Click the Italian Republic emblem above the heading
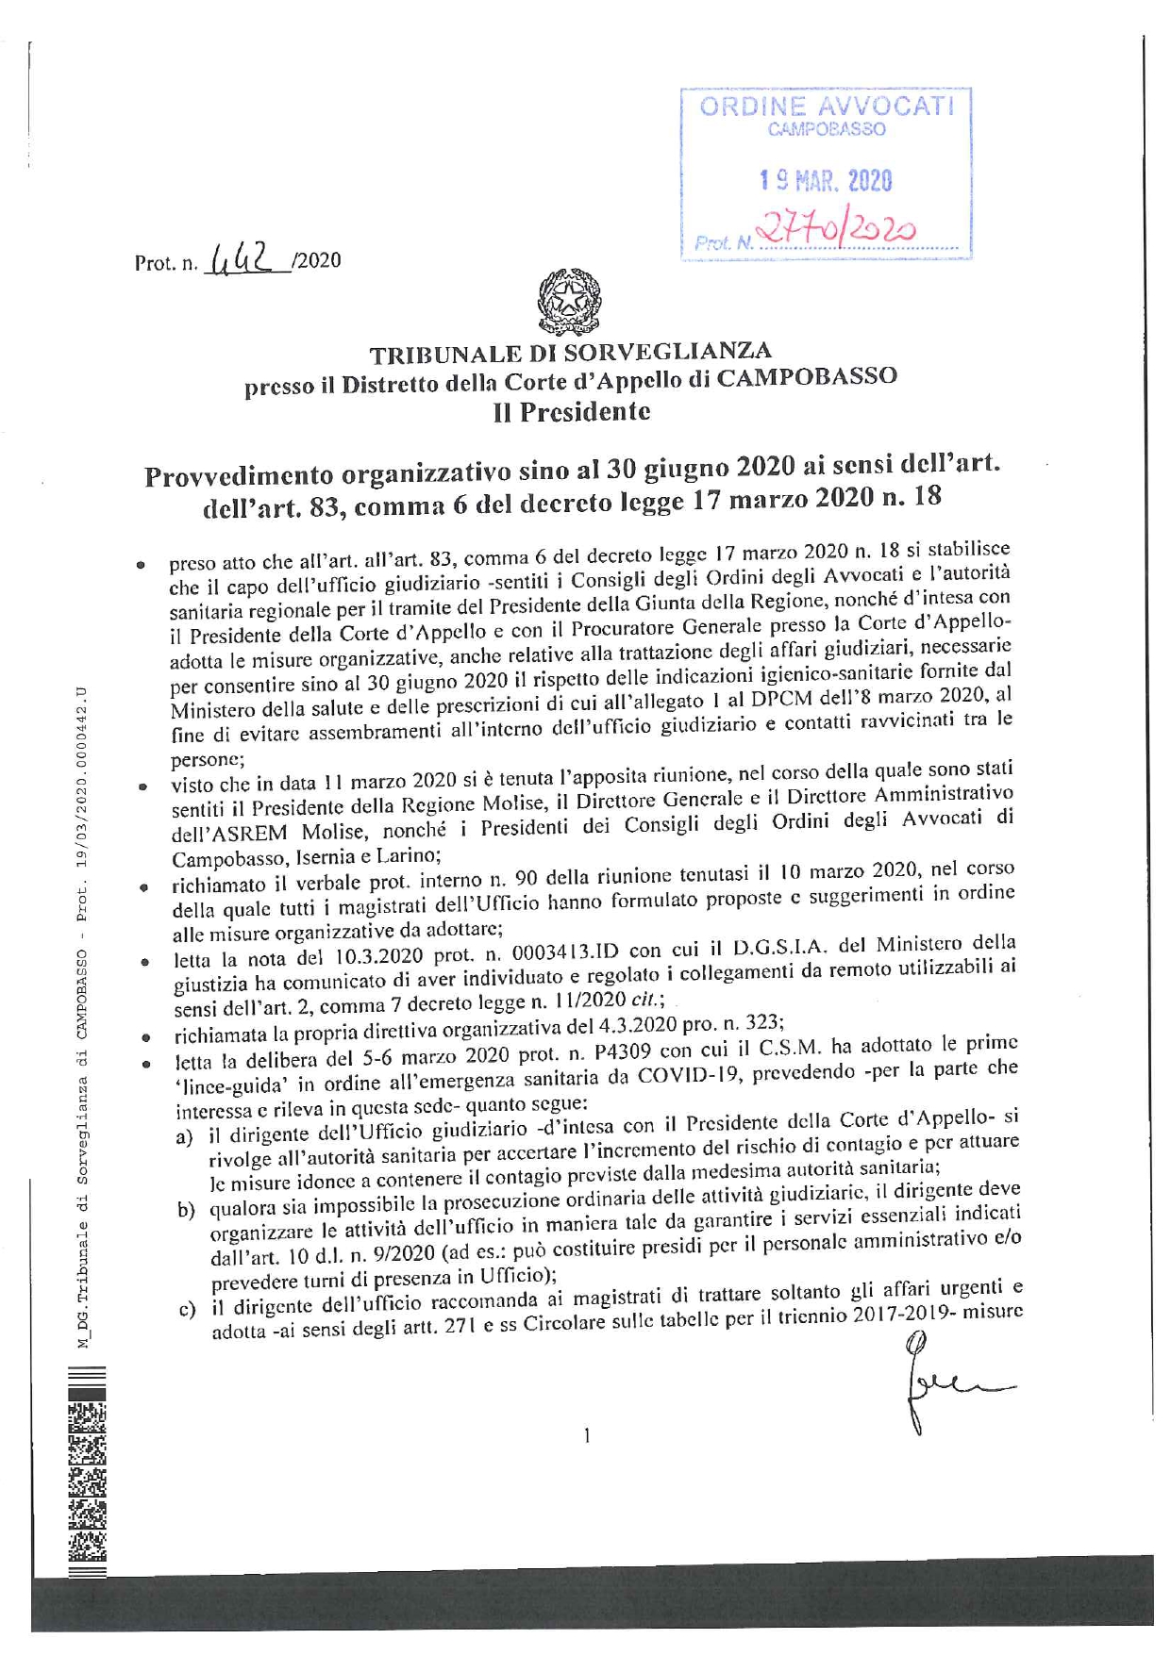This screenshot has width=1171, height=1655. point(569,300)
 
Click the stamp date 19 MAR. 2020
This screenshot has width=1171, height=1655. point(826,179)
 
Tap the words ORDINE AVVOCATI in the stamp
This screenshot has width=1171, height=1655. point(827,106)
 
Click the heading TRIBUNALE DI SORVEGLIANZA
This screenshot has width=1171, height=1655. point(570,354)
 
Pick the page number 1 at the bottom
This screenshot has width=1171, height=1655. point(586,1436)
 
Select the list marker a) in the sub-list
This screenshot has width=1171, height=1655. point(184,1137)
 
